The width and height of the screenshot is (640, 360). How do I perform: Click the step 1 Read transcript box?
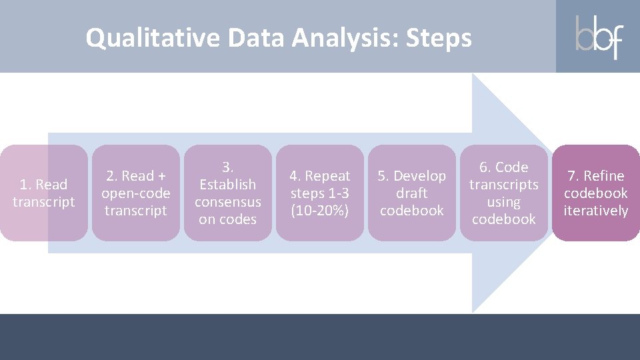44,193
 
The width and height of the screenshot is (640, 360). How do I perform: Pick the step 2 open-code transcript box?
136,193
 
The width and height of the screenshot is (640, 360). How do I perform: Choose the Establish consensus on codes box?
228,193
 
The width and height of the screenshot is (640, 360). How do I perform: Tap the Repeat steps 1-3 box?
320,193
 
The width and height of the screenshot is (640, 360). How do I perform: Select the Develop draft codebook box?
412,193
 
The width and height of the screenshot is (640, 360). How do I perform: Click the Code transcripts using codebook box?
504,193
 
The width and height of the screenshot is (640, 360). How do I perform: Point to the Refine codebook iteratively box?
595,193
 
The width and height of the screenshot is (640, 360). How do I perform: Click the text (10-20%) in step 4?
320,211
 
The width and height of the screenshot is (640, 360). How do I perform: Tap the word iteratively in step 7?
595,211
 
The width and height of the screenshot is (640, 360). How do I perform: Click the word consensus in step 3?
228,202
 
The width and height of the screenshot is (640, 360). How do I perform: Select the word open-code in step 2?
136,193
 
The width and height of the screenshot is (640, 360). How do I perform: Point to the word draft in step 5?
412,193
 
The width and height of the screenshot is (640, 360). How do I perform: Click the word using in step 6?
504,202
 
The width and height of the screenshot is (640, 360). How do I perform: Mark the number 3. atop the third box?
228,167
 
